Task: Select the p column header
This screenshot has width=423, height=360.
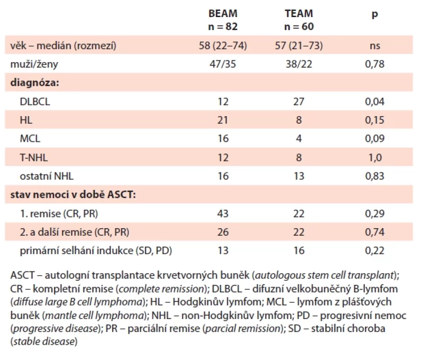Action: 375,14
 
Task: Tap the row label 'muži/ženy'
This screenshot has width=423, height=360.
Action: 34,64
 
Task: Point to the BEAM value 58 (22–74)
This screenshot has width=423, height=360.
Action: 223,45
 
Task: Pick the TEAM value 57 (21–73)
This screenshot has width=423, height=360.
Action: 299,45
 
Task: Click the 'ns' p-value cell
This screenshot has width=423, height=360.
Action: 375,46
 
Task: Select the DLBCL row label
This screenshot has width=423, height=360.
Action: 35,102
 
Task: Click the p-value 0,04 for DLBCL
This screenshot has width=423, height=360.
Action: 375,102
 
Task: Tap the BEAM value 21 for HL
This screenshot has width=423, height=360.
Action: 223,120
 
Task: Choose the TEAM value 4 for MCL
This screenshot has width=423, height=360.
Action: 299,139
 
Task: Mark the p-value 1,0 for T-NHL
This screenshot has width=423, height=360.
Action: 375,157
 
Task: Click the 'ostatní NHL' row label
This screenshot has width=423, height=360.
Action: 46,176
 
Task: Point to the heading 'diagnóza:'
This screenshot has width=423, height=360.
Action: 35,83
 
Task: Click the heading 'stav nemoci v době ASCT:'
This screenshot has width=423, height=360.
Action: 73,194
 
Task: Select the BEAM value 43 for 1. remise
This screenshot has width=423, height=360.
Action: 223,214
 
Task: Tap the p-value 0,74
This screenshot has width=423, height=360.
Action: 375,232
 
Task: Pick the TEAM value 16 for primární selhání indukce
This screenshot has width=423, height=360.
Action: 299,251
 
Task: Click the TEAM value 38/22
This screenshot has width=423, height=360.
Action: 299,64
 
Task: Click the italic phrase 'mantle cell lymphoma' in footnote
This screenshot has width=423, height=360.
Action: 94,315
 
